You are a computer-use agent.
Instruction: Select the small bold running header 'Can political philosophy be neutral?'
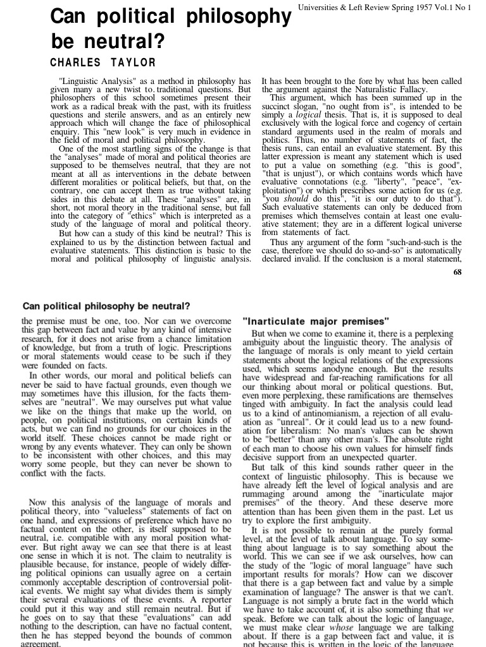(107, 306)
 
